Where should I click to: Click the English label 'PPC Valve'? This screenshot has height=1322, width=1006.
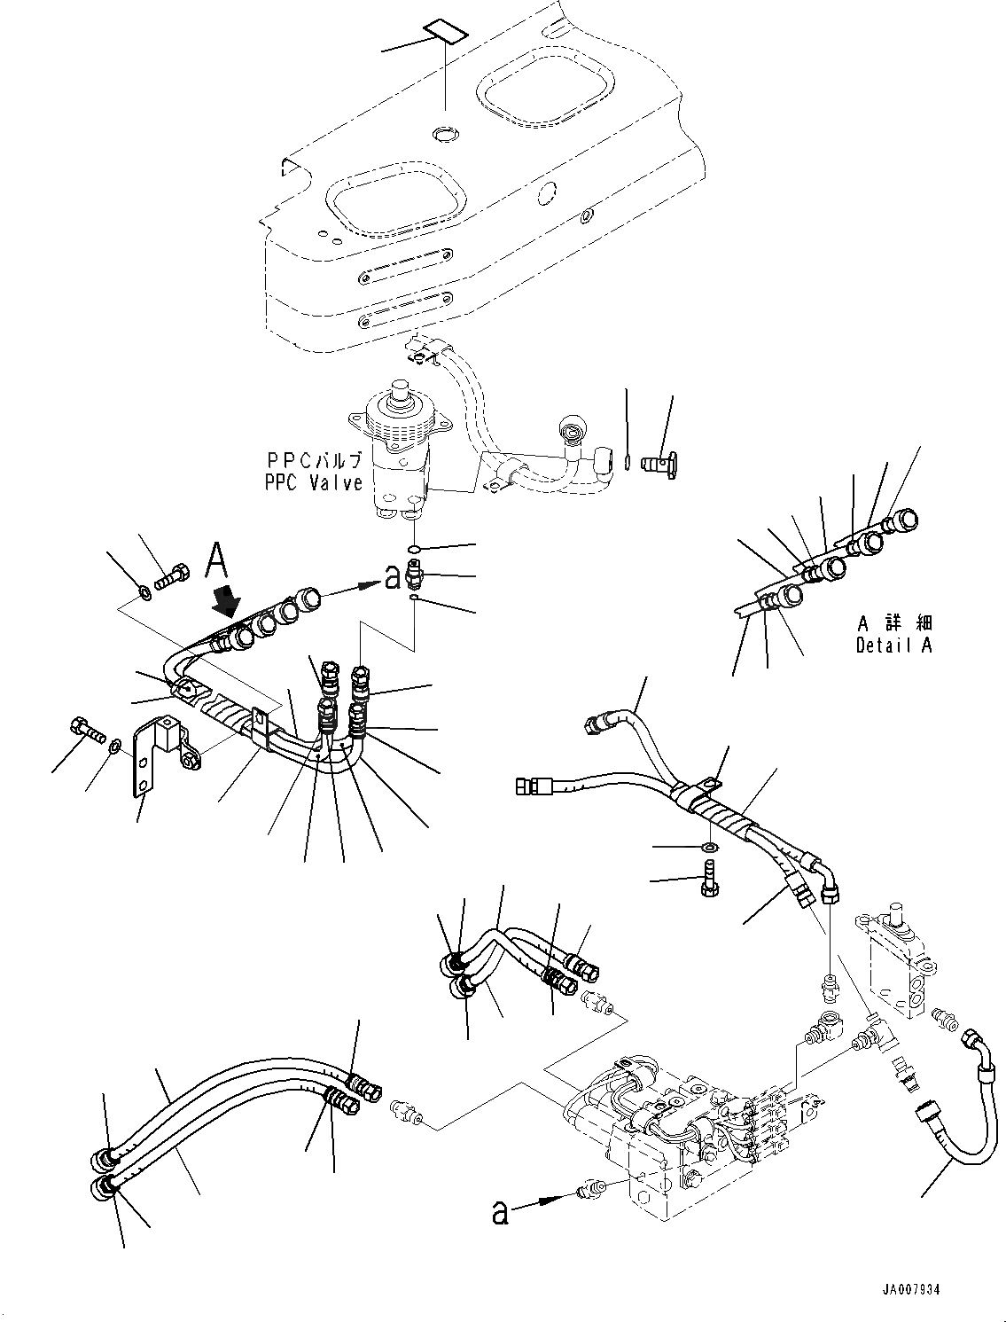[x=313, y=482]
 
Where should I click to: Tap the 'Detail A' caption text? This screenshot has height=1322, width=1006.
[x=893, y=645]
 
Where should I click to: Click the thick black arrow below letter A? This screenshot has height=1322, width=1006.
[x=229, y=603]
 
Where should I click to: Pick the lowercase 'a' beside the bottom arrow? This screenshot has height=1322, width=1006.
[x=501, y=1212]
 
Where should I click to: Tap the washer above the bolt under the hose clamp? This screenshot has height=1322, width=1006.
[x=710, y=849]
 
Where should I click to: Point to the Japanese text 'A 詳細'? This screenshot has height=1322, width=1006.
[x=895, y=623]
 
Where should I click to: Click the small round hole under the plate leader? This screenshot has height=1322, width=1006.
[x=444, y=134]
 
